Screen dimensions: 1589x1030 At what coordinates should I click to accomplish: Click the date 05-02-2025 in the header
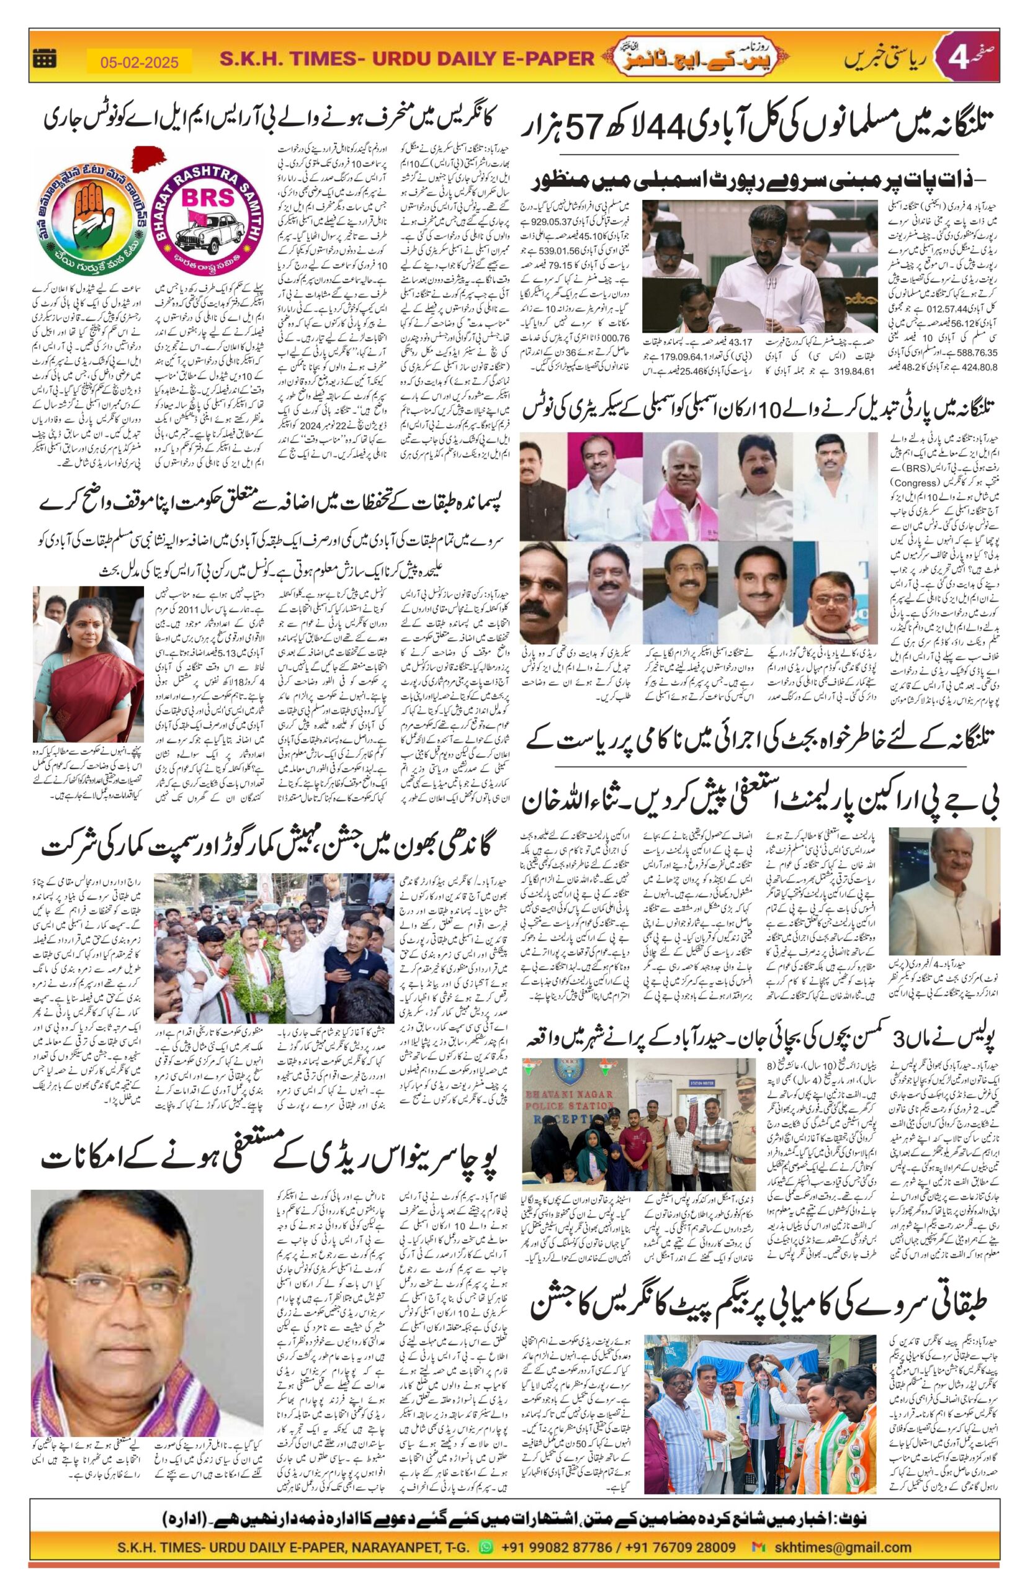(x=140, y=63)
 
